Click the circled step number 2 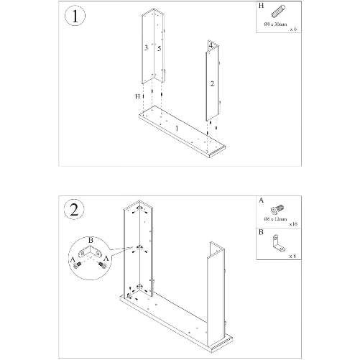74,211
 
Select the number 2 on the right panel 212,83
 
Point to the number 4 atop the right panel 210,45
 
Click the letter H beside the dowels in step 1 136,96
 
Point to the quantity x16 293,225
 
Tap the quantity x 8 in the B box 292,255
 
